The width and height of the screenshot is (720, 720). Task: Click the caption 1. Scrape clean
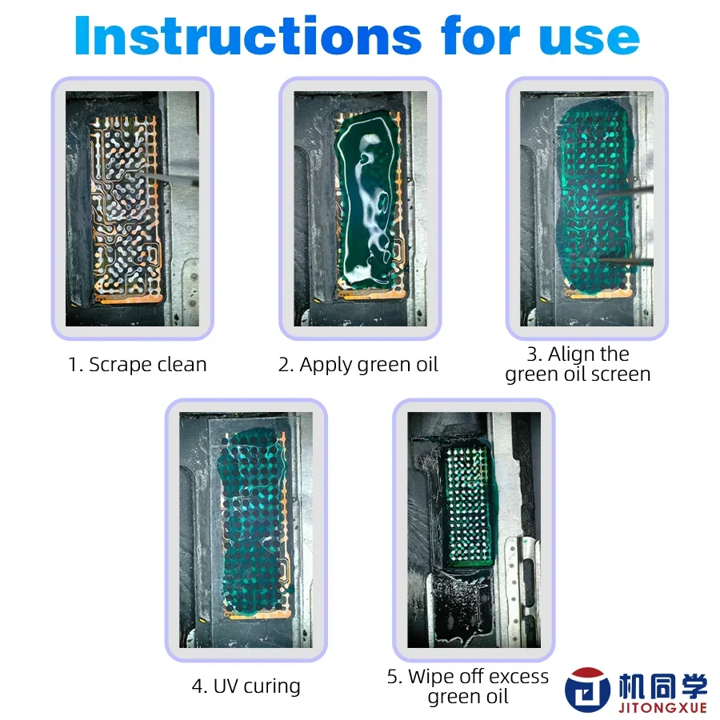point(137,365)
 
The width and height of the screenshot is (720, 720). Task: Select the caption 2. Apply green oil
point(358,365)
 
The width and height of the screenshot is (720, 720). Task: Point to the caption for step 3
point(578,364)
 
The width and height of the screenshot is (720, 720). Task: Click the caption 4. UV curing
point(246,686)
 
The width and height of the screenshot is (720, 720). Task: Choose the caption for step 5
point(468,686)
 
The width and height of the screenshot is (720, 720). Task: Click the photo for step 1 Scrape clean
point(132,208)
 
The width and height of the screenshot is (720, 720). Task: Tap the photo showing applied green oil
point(360,208)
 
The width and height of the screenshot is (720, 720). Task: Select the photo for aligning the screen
point(586,208)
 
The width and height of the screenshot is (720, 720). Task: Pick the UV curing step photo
point(246,530)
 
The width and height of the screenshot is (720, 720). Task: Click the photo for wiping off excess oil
point(474,530)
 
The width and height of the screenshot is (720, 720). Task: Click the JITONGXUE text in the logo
point(664,706)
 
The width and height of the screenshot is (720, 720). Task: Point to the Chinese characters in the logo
point(664,685)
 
